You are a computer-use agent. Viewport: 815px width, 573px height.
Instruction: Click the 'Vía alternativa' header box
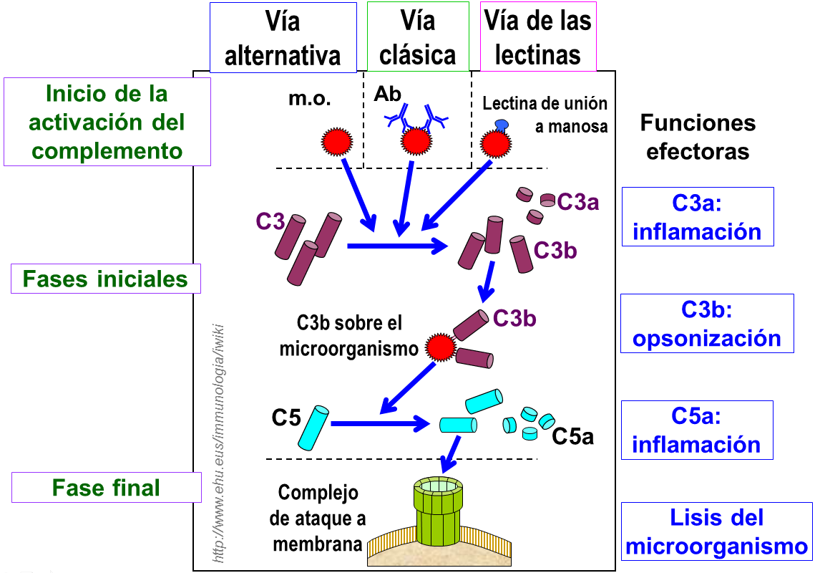click(x=283, y=37)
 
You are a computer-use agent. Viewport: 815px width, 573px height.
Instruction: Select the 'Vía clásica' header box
click(x=418, y=37)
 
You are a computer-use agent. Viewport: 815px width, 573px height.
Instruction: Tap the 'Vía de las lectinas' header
click(x=538, y=37)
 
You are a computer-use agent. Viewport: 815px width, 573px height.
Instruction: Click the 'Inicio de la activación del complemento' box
click(x=107, y=122)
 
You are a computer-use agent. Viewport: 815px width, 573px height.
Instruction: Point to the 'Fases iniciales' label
click(x=106, y=279)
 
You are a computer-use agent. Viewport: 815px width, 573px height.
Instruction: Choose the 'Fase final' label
click(x=107, y=488)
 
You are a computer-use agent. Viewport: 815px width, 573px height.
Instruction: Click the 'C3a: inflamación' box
click(x=697, y=216)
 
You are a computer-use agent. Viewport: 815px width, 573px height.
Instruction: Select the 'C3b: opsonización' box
click(x=706, y=323)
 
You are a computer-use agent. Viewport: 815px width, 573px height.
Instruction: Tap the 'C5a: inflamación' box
click(x=697, y=430)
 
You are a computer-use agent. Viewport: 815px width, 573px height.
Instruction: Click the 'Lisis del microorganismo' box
click(x=716, y=531)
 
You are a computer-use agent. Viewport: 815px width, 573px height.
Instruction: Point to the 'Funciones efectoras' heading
click(x=698, y=137)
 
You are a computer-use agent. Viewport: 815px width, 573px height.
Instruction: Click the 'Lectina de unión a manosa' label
click(x=545, y=115)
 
